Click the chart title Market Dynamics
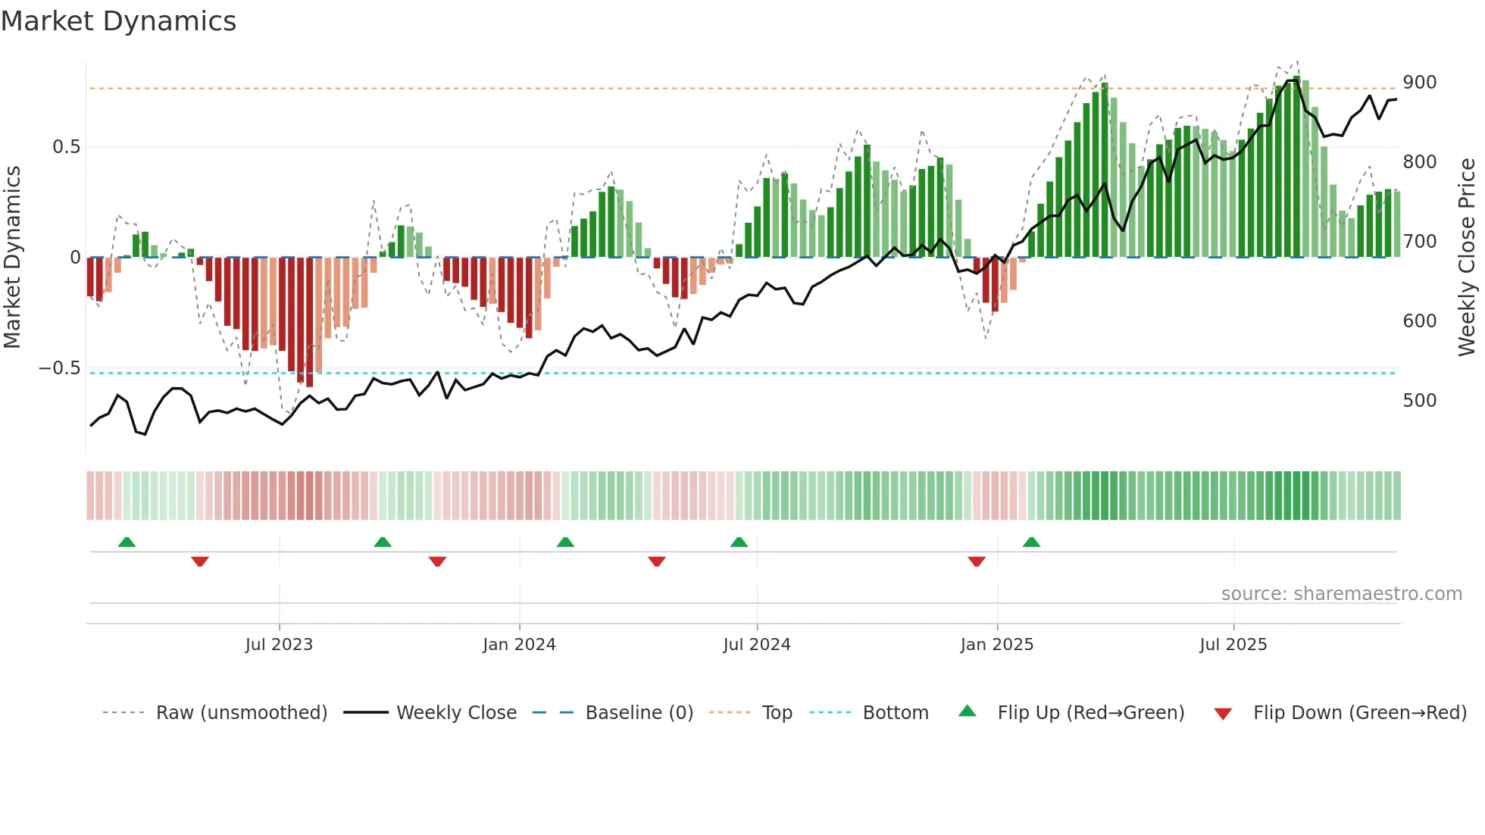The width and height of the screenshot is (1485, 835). (118, 21)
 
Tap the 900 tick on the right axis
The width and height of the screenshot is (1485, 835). (1419, 82)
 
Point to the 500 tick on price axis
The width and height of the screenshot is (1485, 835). (1419, 400)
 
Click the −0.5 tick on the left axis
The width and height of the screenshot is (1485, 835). (60, 368)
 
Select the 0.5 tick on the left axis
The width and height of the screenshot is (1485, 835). (66, 147)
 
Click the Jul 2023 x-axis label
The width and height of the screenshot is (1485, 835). (279, 645)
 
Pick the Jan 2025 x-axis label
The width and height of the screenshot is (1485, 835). (996, 645)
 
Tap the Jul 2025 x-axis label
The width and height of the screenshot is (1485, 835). (1233, 645)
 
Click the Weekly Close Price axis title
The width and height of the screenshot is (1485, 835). (1467, 258)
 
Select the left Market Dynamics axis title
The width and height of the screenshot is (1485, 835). (12, 258)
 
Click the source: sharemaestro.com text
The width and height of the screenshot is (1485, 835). (1341, 594)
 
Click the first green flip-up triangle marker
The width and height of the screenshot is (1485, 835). (127, 543)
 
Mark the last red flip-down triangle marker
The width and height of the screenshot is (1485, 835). (977, 561)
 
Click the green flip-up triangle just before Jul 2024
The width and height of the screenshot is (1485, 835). (739, 543)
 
